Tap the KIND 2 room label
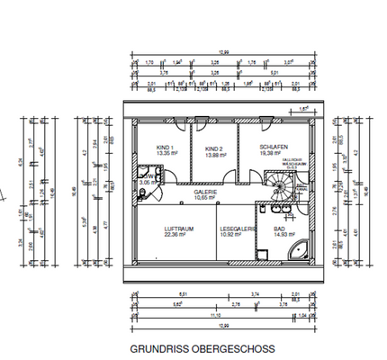point(212,148)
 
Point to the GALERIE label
point(206,192)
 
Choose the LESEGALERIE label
point(238,229)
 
